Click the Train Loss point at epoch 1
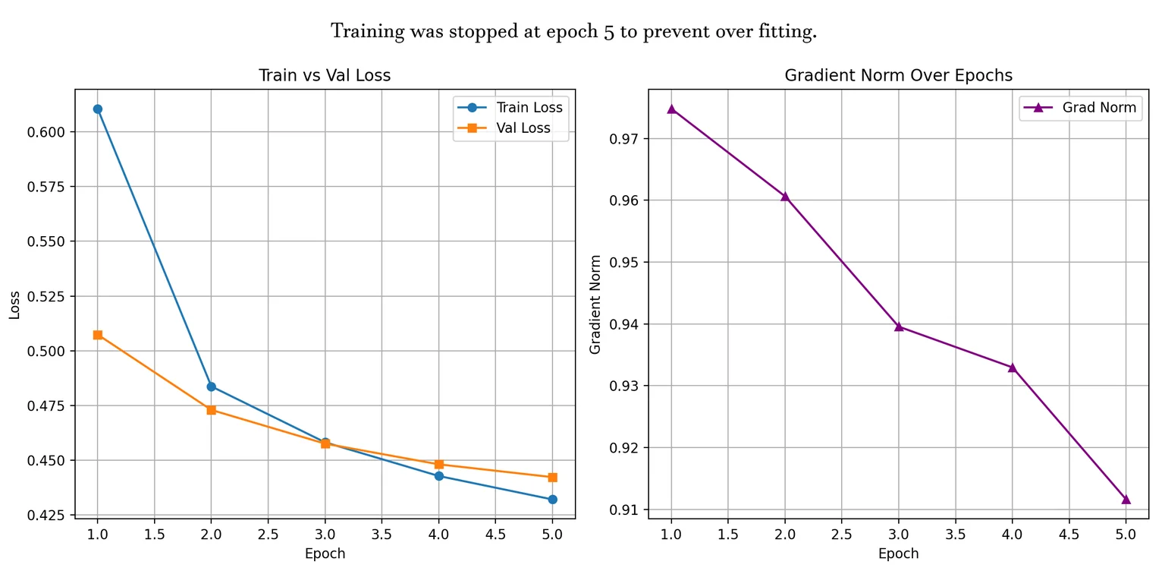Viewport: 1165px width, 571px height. pos(97,109)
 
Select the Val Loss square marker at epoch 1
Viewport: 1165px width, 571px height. pos(97,335)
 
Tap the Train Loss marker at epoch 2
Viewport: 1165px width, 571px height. pos(211,386)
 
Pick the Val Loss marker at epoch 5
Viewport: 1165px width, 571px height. pos(552,478)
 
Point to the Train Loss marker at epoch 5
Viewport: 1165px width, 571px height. pos(552,500)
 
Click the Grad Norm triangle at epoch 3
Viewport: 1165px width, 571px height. pos(899,327)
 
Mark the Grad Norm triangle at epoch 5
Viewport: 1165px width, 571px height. pos(1126,500)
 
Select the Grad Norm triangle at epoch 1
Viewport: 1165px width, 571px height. pos(671,109)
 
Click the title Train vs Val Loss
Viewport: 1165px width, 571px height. pos(325,75)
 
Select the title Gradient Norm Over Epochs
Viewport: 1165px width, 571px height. pos(898,75)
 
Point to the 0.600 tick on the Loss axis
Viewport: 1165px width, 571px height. pos(46,132)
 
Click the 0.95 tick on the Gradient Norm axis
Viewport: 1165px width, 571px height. pos(624,262)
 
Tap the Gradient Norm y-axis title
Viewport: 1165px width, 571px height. pos(595,304)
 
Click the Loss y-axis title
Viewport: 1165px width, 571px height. pos(14,305)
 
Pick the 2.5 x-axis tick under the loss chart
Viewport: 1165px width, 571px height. pos(268,535)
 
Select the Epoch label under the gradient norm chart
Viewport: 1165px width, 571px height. pos(898,554)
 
